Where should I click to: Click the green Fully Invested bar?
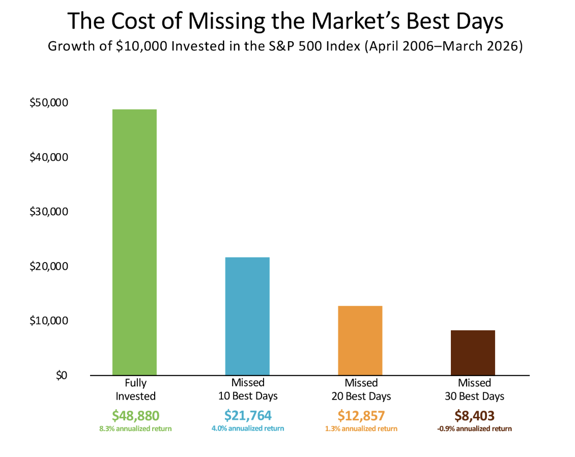point(134,242)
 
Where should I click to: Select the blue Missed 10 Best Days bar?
point(247,316)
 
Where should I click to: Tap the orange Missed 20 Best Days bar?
point(360,340)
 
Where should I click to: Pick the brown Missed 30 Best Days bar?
point(473,353)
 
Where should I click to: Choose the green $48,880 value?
point(135,415)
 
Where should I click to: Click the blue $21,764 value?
point(248,415)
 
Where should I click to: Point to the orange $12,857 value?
point(361,415)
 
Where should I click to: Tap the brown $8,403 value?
point(474,415)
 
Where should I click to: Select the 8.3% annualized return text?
point(135,429)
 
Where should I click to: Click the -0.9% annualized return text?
point(474,429)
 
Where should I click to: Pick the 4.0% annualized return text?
point(248,429)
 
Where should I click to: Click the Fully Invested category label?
point(135,389)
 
